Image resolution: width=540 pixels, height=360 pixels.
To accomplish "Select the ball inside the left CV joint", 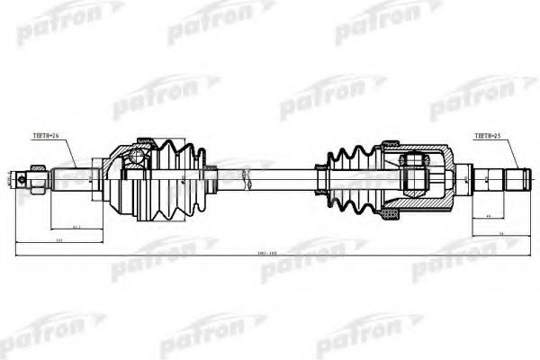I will coord(136,160).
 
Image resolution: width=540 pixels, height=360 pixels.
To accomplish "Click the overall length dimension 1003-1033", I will coord(269,254).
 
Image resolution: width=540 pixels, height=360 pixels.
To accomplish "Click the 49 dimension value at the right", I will coord(486,217).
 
